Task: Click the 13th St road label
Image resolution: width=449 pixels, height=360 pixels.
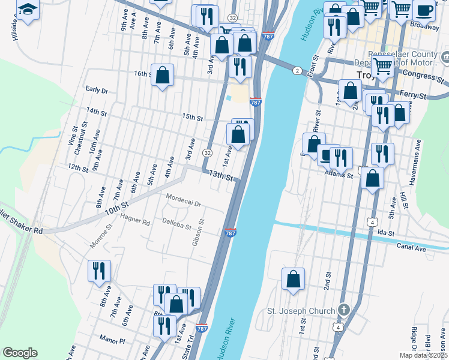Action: click(220, 175)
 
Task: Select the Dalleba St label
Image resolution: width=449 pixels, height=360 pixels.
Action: click(176, 224)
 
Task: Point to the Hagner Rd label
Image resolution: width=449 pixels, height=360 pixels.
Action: click(135, 221)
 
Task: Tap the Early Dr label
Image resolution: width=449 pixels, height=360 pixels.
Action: click(96, 90)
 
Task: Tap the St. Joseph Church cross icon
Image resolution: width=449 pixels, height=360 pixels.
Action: click(343, 310)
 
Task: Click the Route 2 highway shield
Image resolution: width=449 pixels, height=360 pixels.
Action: click(297, 71)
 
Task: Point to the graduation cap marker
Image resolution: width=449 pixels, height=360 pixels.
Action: click(28, 10)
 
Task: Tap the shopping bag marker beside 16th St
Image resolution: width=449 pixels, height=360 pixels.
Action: click(162, 75)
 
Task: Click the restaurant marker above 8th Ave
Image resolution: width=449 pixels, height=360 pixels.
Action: click(100, 271)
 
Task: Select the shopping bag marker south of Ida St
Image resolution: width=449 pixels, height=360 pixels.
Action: click(293, 279)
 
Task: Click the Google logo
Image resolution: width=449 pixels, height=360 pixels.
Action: click(20, 353)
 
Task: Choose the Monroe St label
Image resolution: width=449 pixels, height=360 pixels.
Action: click(100, 236)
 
